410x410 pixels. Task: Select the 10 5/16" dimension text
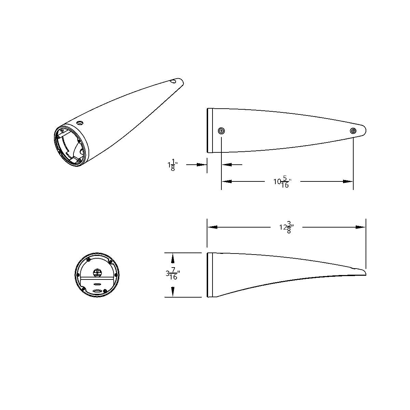click(x=282, y=182)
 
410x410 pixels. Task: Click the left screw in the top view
click(x=221, y=131)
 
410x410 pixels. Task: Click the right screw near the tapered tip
click(x=353, y=131)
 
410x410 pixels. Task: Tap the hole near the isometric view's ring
click(x=80, y=123)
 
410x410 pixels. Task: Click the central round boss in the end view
click(x=97, y=272)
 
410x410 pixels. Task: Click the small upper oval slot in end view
click(x=97, y=284)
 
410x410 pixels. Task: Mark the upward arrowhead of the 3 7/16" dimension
click(x=173, y=257)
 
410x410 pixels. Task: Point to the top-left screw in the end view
click(x=88, y=260)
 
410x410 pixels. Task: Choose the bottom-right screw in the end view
click(x=105, y=290)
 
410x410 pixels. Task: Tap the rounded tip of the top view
click(x=364, y=130)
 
